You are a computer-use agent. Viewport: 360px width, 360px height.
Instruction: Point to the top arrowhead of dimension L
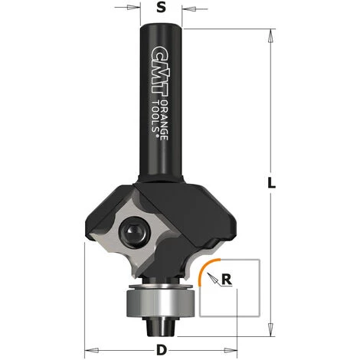(273, 35)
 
